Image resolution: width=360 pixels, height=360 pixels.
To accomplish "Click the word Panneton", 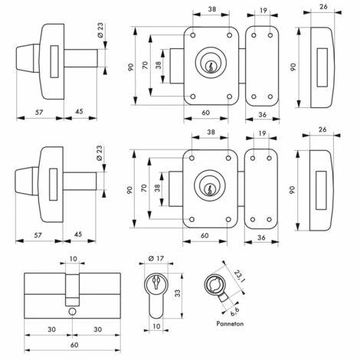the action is tap(230, 324).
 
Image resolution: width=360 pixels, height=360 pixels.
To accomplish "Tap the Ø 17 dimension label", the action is tap(155, 259).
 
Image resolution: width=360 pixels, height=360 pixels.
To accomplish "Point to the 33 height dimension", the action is tap(178, 293).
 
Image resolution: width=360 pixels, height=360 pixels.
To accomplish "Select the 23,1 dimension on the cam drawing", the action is tap(239, 277).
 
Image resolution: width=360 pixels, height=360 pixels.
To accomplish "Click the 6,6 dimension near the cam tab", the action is tap(234, 310).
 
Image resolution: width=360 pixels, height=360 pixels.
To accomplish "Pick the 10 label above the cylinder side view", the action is tap(73, 259).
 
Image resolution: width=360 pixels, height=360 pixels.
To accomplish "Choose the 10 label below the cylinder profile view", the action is tap(156, 326).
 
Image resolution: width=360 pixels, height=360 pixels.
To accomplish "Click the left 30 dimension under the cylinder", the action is tap(51, 329).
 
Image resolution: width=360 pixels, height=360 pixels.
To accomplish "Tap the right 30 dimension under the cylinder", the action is tap(98, 329).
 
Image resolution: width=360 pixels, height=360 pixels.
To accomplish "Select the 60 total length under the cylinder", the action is tap(74, 345).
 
